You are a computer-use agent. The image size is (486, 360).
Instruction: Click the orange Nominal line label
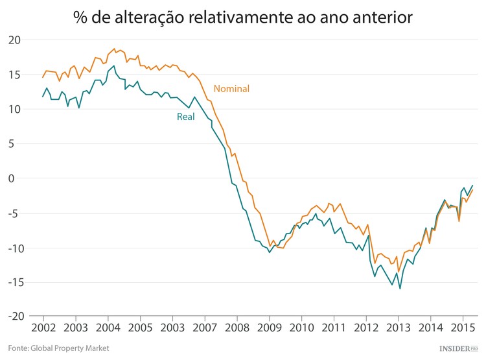(231, 89)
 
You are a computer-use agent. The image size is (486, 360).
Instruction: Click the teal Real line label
(186, 117)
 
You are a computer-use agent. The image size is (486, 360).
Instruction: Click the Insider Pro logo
(458, 348)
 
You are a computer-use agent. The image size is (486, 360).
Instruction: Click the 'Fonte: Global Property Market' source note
(58, 348)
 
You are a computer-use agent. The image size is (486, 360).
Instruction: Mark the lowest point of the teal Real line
(400, 288)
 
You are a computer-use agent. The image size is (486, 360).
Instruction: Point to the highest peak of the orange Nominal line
(115, 49)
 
